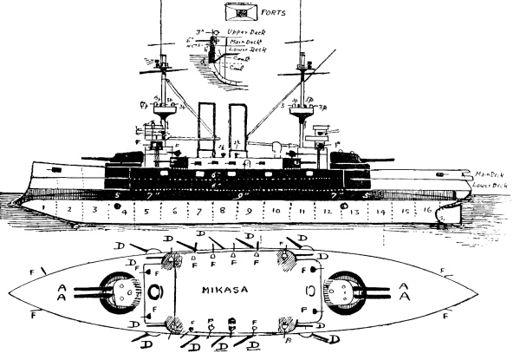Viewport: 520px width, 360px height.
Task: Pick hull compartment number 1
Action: point(42,211)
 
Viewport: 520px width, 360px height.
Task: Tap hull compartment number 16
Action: point(426,211)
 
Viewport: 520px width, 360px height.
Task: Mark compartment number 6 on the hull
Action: point(174,211)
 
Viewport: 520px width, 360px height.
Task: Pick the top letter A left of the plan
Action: point(59,282)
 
